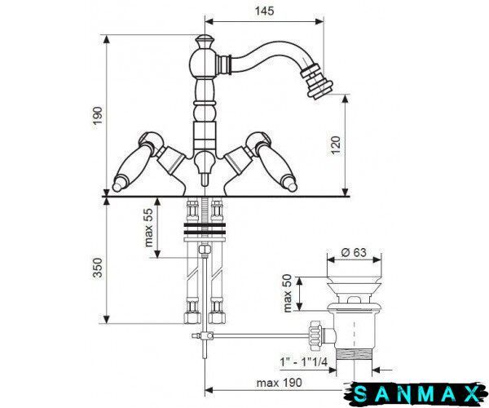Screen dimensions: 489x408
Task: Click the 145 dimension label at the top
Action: click(264, 11)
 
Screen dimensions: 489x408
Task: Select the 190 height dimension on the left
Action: click(98, 116)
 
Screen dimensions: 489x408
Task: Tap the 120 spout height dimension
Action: click(336, 145)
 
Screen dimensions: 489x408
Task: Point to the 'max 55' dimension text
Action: click(149, 228)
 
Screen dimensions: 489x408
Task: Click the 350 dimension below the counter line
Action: click(98, 268)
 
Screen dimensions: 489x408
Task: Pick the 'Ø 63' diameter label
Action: click(354, 252)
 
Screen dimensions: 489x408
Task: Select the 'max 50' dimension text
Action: click(288, 293)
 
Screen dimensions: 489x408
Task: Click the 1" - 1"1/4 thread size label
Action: click(304, 362)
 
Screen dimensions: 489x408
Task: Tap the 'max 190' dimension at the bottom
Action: click(279, 383)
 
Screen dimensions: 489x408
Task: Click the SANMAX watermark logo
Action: click(416, 394)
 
